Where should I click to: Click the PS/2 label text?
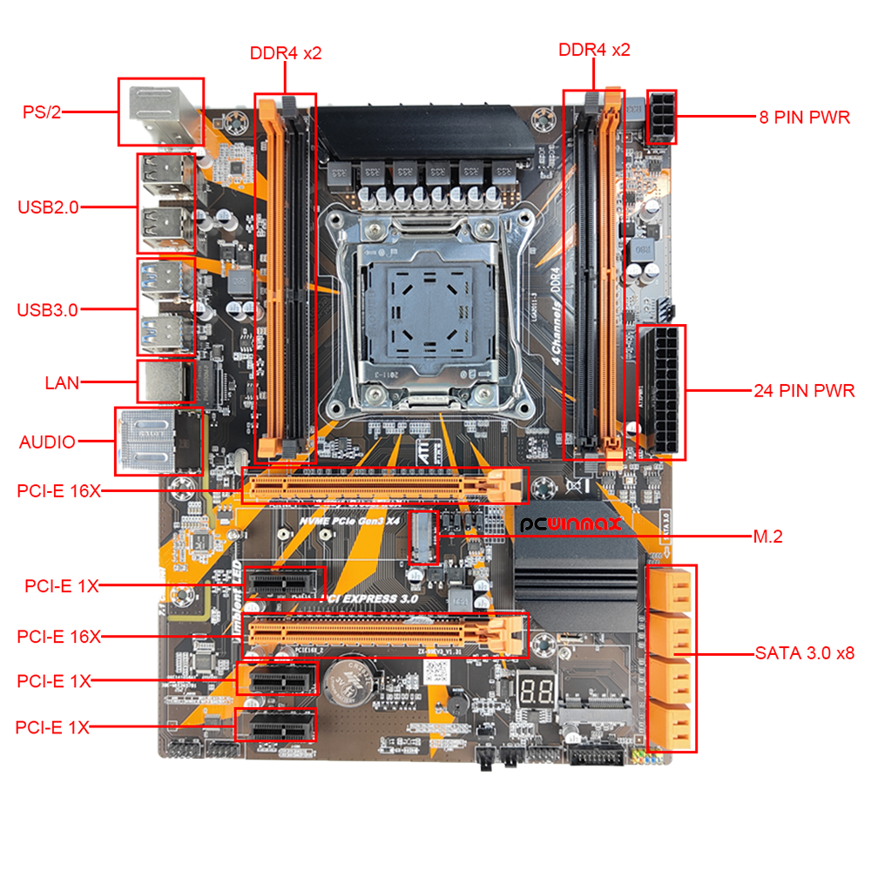tap(42, 112)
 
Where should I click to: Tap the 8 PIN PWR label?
tap(804, 117)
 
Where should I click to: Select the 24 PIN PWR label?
tap(804, 390)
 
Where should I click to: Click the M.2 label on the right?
tap(767, 537)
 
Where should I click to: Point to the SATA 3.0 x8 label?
tap(804, 653)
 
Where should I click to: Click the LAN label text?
tap(62, 382)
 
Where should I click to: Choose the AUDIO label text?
tap(47, 442)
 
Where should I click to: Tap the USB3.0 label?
tap(48, 309)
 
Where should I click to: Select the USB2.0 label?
tap(48, 207)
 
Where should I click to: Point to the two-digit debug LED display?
tap(534, 692)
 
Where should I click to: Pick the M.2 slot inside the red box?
tap(423, 537)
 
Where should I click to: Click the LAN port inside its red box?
tap(161, 381)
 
